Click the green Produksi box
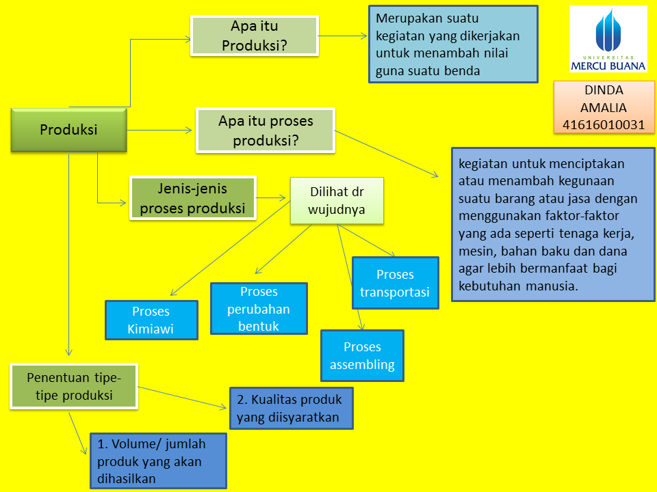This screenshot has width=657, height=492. (68, 130)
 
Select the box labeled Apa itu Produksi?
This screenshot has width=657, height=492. (254, 36)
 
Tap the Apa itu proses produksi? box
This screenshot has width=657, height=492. (266, 131)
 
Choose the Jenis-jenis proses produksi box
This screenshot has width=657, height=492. (192, 198)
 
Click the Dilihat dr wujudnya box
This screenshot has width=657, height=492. (337, 201)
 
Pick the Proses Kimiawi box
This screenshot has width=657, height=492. (151, 320)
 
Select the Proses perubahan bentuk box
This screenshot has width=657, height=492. (259, 309)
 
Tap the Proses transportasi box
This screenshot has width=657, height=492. (395, 283)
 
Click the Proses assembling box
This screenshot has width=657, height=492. (362, 355)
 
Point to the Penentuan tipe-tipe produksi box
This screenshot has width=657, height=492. (74, 386)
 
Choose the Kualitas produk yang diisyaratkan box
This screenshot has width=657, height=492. (292, 408)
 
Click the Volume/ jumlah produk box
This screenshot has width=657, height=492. (158, 461)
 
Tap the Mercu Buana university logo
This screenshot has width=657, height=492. (608, 39)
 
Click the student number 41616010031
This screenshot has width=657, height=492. (604, 124)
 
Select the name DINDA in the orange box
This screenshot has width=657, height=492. (604, 90)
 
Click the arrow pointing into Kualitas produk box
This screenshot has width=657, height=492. (183, 398)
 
